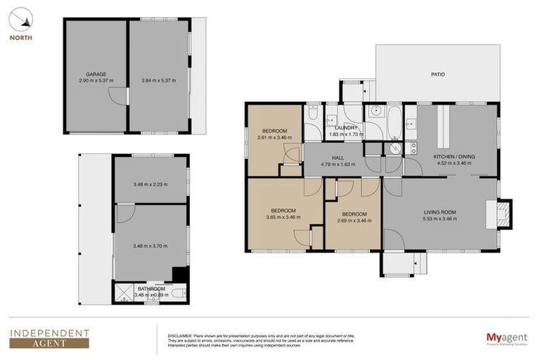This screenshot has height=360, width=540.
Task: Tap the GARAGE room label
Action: click(x=96, y=74)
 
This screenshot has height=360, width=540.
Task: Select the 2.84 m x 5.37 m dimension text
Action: click(x=158, y=81)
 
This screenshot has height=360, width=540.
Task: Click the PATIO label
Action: click(x=437, y=75)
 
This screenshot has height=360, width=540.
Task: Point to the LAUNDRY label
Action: click(x=347, y=127)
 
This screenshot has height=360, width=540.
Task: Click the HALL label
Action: click(x=338, y=158)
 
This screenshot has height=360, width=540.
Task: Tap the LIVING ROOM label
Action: click(x=440, y=212)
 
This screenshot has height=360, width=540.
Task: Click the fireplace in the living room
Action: click(x=503, y=214)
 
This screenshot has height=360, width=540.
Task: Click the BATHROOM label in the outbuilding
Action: click(x=151, y=288)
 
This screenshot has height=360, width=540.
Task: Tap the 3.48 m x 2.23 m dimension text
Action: click(x=151, y=185)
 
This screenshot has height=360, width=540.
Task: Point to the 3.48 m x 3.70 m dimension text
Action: click(x=151, y=246)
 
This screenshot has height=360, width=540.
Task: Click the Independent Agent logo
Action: click(x=49, y=338)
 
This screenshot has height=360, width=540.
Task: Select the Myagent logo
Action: click(x=506, y=338)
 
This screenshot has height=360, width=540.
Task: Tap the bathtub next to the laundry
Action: click(x=395, y=123)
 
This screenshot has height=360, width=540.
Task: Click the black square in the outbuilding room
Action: click(x=181, y=275)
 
